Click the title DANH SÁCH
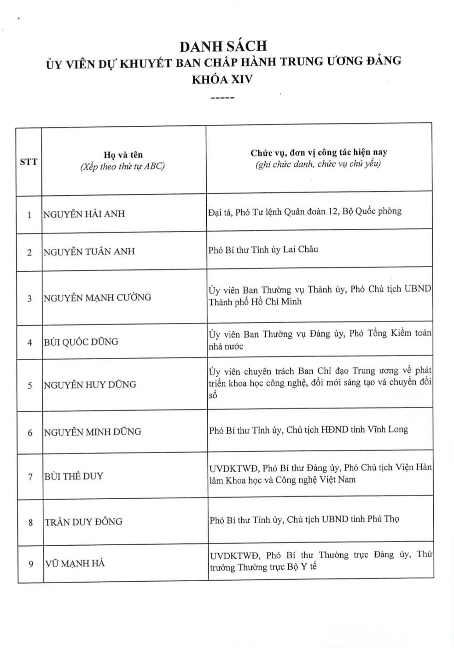[223, 46]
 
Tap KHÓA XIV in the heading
[222, 79]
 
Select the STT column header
[29, 162]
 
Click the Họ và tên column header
[123, 155]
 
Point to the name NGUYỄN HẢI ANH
[84, 214]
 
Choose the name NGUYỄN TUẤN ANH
[89, 251]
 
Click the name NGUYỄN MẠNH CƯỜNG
[97, 298]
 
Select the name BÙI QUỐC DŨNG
[81, 342]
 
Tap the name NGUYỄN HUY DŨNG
[90, 385]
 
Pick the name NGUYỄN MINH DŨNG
[93, 432]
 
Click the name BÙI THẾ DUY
[74, 476]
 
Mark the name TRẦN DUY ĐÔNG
[83, 522]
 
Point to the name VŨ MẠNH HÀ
[75, 563]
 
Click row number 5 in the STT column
[30, 385]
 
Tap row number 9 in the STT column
[31, 564]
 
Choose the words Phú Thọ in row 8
[383, 519]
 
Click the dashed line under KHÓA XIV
[222, 98]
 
